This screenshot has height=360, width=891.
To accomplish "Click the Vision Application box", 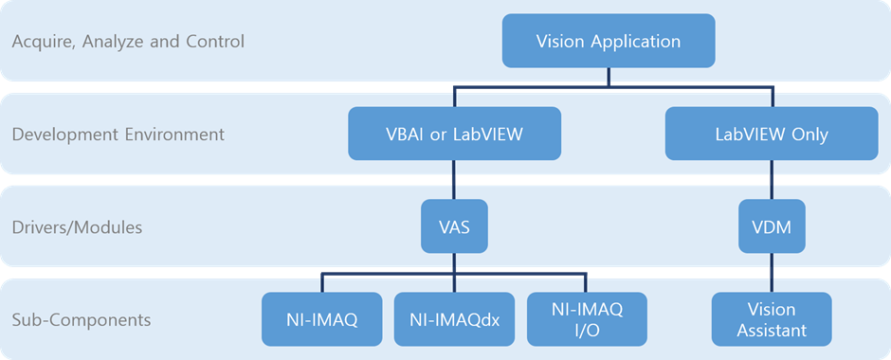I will point(608,41).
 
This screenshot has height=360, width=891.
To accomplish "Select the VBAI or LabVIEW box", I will point(454,134).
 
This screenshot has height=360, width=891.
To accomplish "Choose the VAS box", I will point(454,227).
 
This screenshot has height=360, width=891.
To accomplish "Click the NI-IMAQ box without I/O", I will point(320,319).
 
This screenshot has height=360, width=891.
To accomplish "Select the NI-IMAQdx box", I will point(454,319).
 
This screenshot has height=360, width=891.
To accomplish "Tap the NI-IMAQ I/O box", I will point(587,319).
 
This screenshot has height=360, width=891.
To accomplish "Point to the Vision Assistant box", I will point(771,319).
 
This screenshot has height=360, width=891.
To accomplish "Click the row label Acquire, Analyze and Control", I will point(128,42).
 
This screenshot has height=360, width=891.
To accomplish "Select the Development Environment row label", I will point(118,135).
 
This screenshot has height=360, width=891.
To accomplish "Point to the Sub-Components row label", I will point(82,320).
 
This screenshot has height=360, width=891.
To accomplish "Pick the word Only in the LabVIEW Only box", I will point(809,135).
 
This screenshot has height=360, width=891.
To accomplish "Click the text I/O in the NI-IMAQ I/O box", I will point(587,330).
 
